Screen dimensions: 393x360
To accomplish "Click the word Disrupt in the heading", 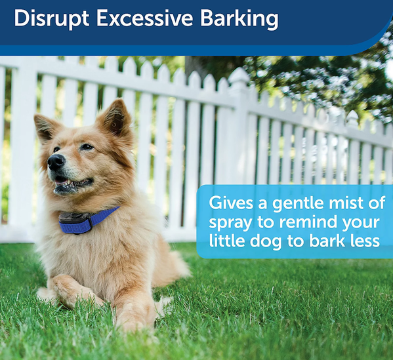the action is [51, 19].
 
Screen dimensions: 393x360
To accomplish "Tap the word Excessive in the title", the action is [144, 18].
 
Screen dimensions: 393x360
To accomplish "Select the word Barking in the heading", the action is [239, 19].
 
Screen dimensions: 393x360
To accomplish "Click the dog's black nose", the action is [56, 162].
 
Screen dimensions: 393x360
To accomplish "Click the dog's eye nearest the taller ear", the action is [87, 147].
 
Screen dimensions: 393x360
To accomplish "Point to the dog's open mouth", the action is [73, 183].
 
